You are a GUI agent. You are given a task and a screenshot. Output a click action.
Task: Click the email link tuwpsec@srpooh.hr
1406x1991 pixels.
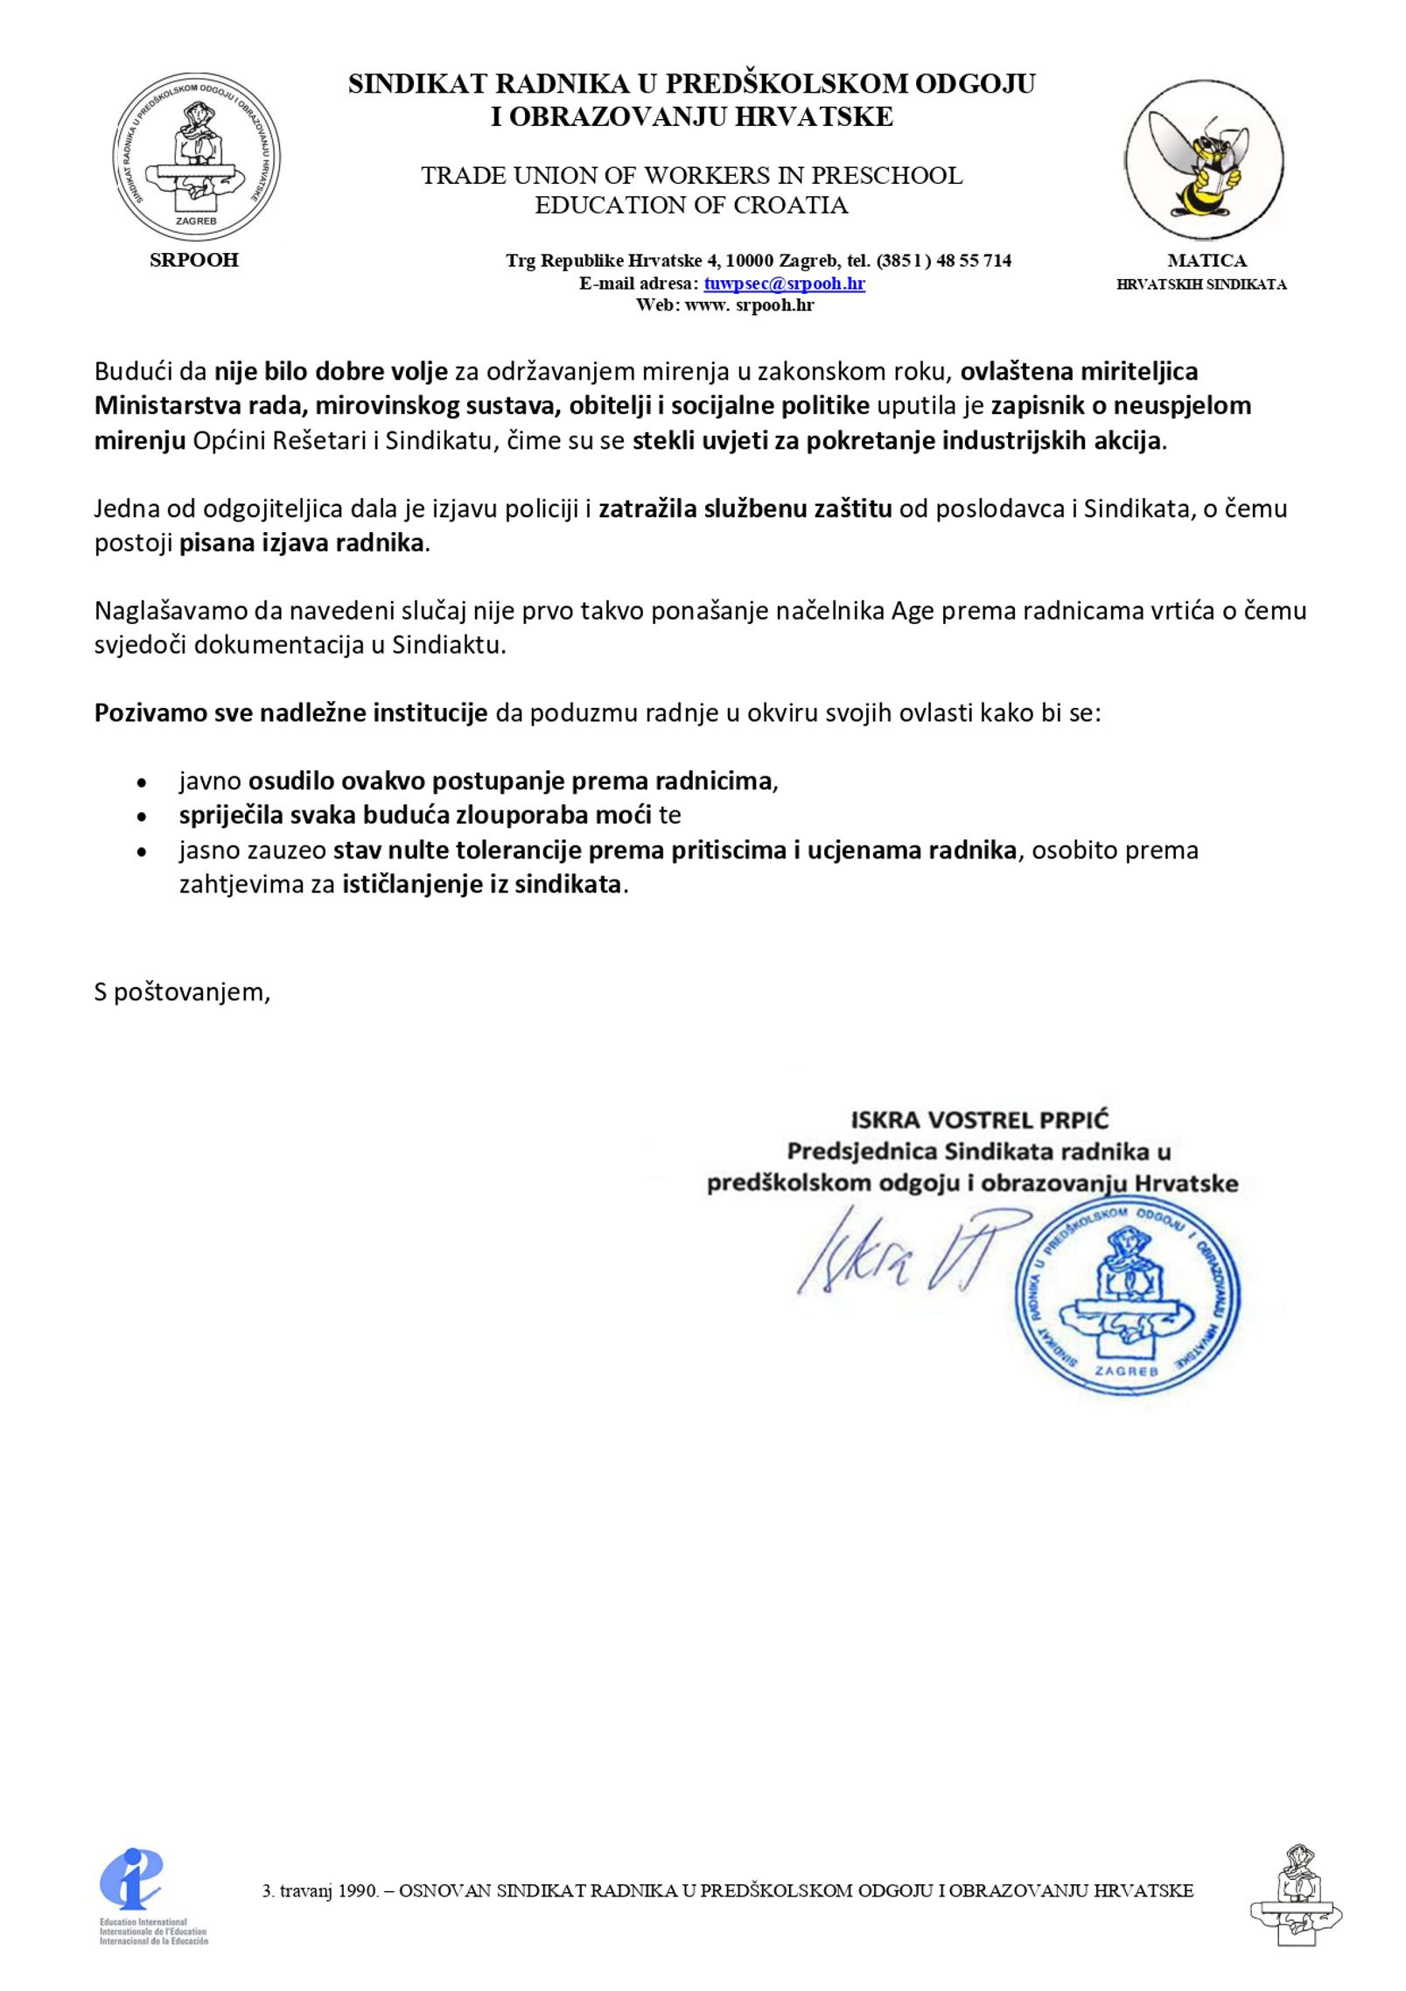click(x=784, y=283)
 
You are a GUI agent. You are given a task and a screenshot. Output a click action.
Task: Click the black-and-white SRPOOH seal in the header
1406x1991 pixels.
click(x=196, y=158)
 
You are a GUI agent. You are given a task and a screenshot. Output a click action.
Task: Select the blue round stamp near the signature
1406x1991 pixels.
click(x=1127, y=1298)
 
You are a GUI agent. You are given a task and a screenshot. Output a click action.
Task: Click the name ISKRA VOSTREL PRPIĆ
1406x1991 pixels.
click(x=979, y=1119)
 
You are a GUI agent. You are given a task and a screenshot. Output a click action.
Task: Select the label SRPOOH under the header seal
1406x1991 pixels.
click(x=194, y=260)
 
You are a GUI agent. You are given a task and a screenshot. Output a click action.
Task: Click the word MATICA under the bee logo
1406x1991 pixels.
click(x=1207, y=260)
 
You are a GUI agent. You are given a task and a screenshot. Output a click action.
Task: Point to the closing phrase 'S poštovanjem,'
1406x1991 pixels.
click(x=182, y=992)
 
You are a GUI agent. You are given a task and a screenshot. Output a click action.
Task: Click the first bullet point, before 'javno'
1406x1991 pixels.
click(x=142, y=782)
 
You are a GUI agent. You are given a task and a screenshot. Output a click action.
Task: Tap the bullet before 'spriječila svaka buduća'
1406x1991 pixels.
click(x=142, y=817)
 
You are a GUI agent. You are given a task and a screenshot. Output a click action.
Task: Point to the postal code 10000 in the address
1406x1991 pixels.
click(x=750, y=260)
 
